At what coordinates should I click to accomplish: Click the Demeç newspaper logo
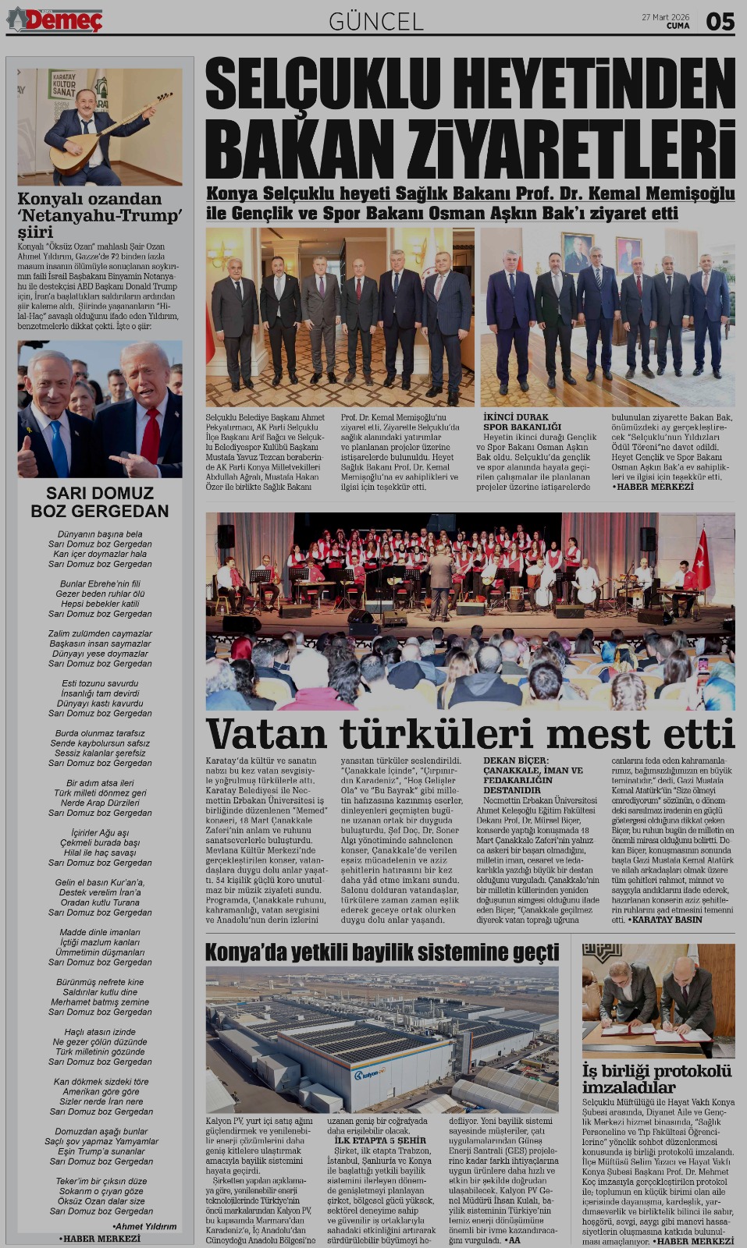tap(55, 19)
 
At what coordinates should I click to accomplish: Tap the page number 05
tap(720, 21)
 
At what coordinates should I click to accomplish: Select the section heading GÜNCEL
tap(375, 21)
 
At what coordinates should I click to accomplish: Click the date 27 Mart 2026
tap(665, 16)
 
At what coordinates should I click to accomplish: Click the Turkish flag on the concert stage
tap(703, 558)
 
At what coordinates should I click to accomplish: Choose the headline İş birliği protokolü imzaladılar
tap(656, 1079)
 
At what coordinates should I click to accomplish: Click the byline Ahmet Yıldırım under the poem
tap(144, 1226)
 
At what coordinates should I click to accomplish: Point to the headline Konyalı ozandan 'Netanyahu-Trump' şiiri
tap(100, 214)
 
